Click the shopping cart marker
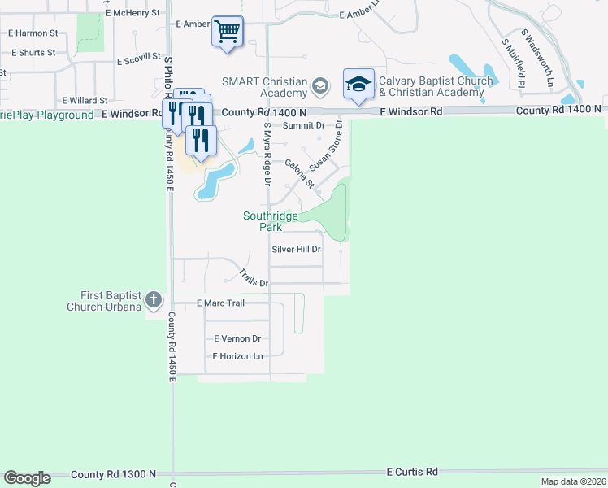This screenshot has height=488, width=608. (228, 33)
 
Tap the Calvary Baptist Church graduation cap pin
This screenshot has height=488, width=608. (358, 85)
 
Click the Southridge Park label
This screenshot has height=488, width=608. (271, 221)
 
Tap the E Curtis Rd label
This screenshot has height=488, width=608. (412, 472)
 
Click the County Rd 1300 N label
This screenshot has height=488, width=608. (113, 474)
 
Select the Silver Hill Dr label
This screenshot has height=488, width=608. (297, 250)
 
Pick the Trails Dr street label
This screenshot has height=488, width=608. (254, 277)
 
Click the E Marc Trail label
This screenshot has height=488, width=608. (221, 303)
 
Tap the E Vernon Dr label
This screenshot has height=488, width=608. (237, 338)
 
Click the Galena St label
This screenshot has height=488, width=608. (299, 173)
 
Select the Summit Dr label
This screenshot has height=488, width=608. (304, 125)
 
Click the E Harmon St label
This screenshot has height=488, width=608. (33, 33)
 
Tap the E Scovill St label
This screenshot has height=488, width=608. (142, 61)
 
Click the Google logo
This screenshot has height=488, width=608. (27, 478)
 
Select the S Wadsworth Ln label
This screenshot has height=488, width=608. (537, 59)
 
